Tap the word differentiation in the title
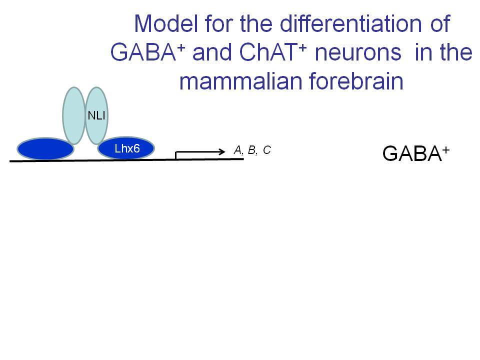coord(350,23)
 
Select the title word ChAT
coord(268,52)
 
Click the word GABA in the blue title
coord(143,52)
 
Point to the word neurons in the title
coord(358,52)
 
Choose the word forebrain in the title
coord(356,81)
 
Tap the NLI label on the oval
coord(96,115)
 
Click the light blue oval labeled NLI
coord(96,115)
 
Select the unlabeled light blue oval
coord(74,115)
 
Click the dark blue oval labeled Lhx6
coord(126,148)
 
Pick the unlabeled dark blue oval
coord(45,149)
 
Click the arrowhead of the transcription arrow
coord(222,151)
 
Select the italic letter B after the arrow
coord(251,150)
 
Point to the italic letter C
coord(267,150)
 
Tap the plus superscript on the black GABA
coord(445,150)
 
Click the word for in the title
coord(219,23)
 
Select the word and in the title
coord(212,52)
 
